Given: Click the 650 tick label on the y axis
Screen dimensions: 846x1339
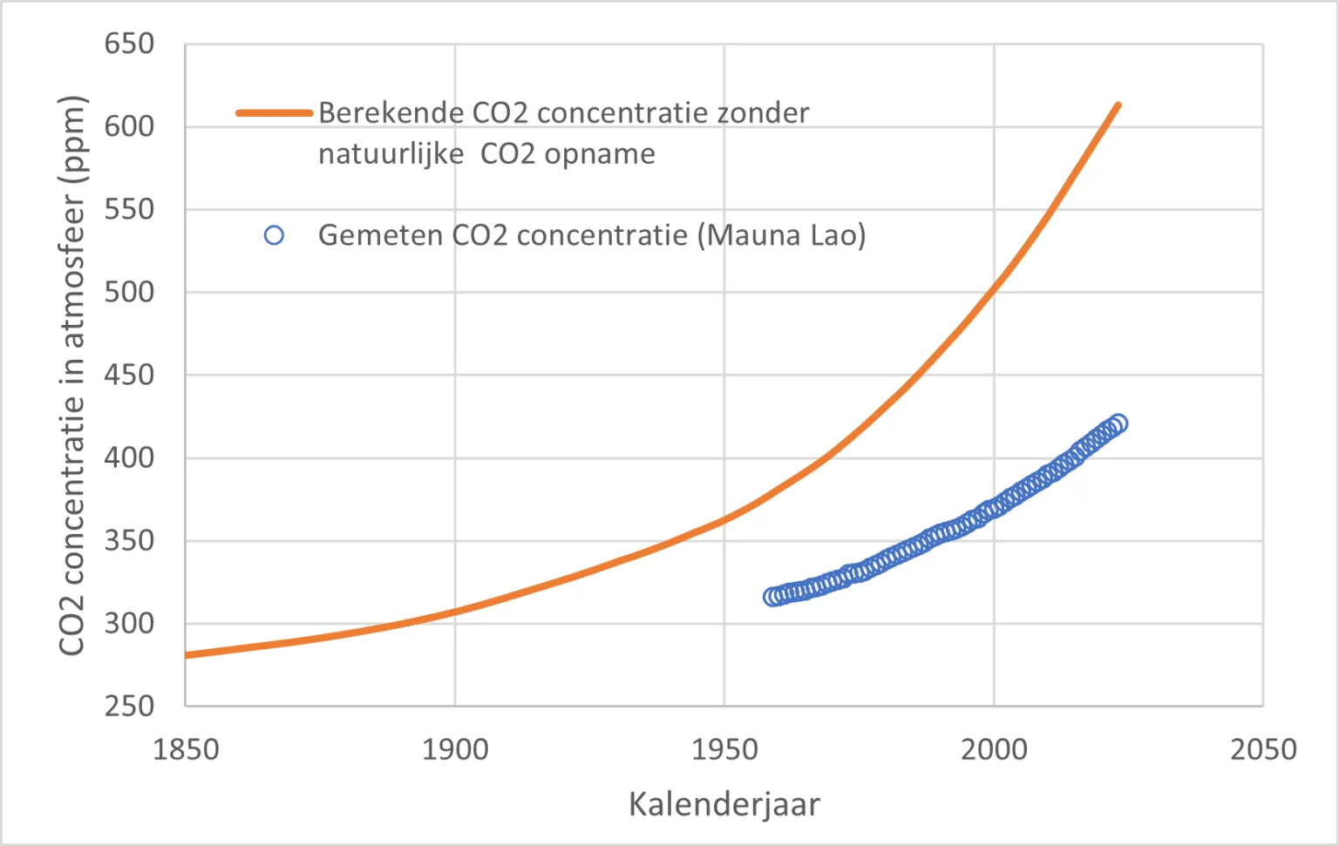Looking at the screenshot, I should (129, 44).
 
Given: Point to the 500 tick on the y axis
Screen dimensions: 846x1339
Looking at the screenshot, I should (129, 292).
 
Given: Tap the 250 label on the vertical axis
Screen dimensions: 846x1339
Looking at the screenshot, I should (129, 706).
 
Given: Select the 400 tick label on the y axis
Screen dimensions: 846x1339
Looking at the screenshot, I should (129, 457).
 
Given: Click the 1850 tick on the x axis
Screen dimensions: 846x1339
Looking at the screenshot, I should (186, 749).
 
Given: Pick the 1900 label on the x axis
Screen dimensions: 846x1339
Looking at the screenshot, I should (455, 749).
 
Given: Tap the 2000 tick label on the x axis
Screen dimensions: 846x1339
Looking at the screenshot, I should (994, 749).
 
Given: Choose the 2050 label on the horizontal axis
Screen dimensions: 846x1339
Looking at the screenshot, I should (1263, 749).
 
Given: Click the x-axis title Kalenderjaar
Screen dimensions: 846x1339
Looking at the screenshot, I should (724, 804).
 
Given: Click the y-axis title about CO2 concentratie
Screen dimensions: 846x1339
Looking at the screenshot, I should (72, 375).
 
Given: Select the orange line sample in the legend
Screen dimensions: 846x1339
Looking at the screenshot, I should (274, 113).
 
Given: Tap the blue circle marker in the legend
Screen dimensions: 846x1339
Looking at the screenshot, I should (274, 235).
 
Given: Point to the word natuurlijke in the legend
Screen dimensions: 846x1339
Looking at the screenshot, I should (391, 154).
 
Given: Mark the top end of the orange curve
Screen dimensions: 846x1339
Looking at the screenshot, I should (1118, 105).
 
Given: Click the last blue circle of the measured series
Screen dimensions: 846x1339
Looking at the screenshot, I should (1119, 423).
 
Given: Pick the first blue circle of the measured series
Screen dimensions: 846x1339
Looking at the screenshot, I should (772, 597).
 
